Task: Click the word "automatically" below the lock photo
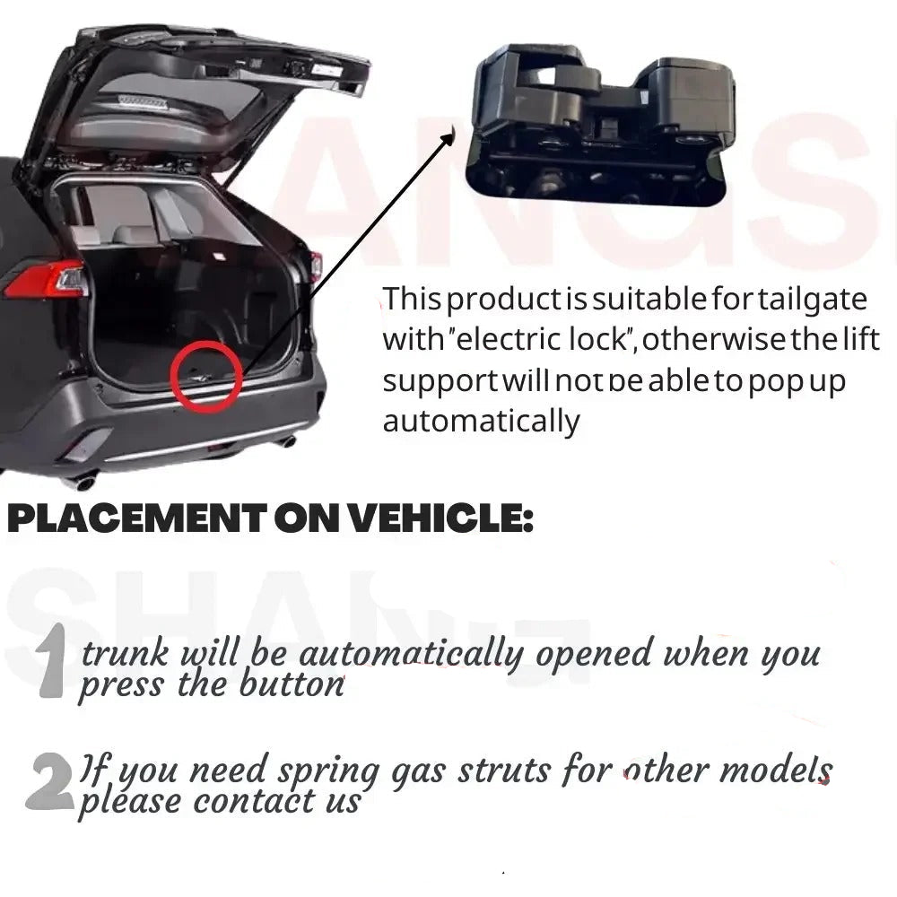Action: (x=481, y=420)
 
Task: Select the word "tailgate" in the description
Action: (x=820, y=298)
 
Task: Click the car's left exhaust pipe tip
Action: (x=83, y=483)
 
